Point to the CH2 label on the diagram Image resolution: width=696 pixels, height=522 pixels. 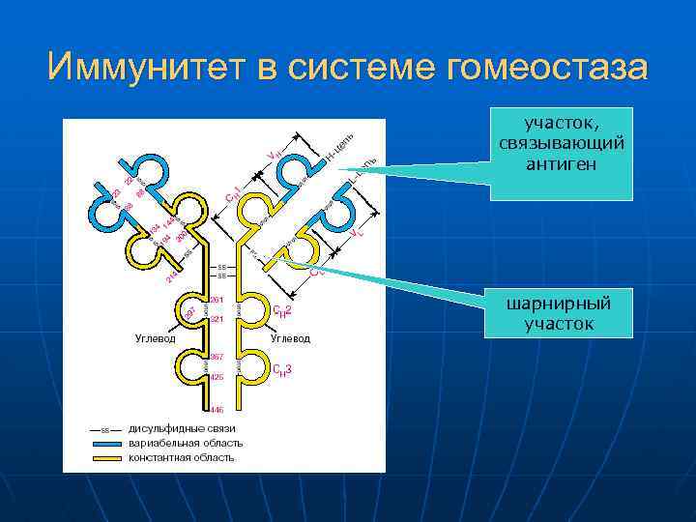pos(282,310)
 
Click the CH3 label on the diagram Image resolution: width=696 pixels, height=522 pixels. pos(282,369)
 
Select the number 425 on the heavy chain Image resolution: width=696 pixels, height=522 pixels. pos(217,377)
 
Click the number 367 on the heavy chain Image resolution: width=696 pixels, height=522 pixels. pos(217,357)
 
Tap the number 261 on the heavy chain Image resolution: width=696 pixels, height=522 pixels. pos(217,299)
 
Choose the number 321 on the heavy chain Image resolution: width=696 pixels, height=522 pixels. pos(217,319)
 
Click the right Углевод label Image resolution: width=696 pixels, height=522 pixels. pos(290,339)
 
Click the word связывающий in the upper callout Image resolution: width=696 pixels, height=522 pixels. pos(561,143)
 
